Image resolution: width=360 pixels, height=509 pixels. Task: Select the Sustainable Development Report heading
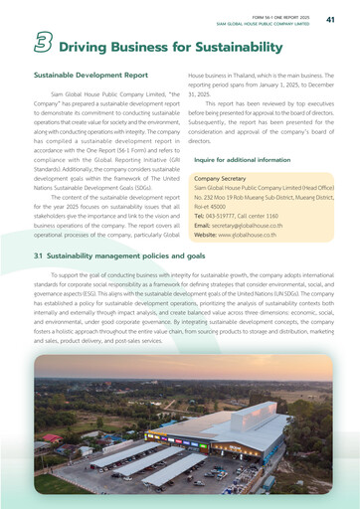click(x=90, y=75)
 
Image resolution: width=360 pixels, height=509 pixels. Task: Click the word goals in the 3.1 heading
click(x=194, y=255)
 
